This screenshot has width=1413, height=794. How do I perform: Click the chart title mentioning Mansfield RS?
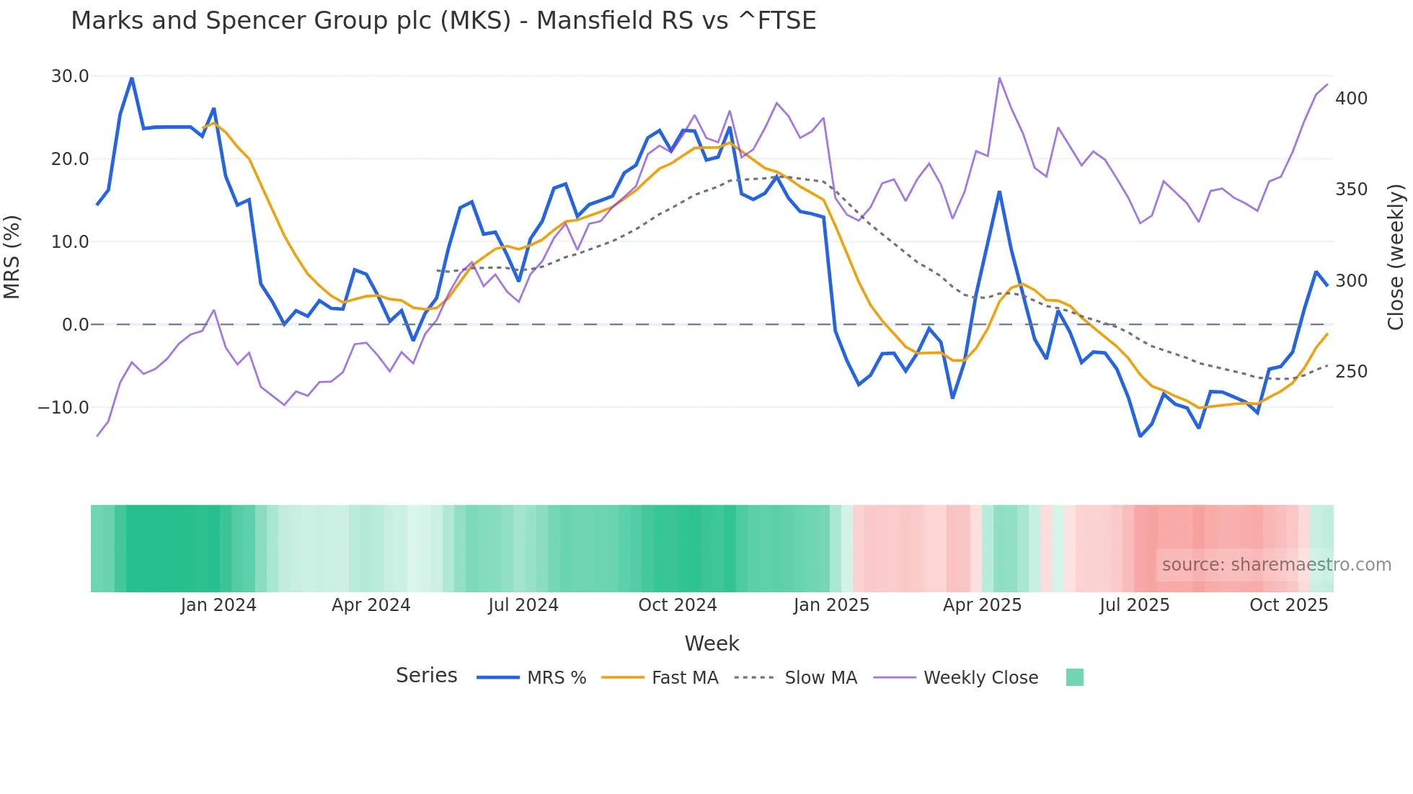[x=443, y=20]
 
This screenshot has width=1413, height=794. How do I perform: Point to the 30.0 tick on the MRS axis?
[x=70, y=76]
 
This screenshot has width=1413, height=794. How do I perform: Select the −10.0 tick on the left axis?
[x=63, y=407]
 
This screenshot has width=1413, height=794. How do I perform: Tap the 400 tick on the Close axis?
[x=1351, y=99]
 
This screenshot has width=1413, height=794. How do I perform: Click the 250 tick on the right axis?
[x=1351, y=372]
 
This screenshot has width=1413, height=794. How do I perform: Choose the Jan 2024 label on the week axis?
[x=218, y=605]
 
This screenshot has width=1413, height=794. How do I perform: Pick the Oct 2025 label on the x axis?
[x=1288, y=605]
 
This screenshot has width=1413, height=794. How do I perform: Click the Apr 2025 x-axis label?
[x=982, y=605]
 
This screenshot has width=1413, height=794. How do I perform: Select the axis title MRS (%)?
[x=12, y=257]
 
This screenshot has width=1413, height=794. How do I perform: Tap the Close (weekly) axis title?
[x=1396, y=257]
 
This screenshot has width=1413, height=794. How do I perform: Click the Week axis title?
[x=712, y=643]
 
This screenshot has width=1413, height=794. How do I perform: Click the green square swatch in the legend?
[x=1074, y=677]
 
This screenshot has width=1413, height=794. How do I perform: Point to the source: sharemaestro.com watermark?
[x=1276, y=565]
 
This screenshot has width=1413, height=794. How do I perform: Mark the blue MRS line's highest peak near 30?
[x=131, y=78]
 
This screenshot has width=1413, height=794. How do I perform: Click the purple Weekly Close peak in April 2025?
[x=999, y=78]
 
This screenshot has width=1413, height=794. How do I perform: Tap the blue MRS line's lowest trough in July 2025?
[x=1140, y=436]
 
